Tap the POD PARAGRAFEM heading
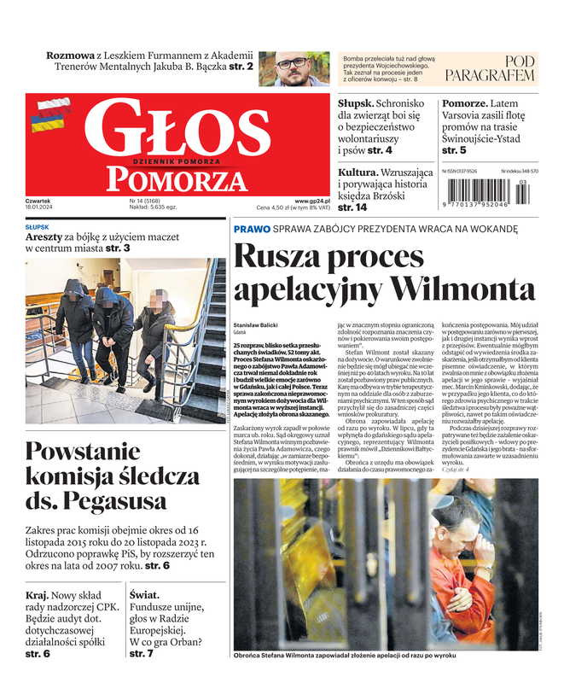pyautogui.click(x=501, y=68)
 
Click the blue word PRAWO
pyautogui.click(x=252, y=229)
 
